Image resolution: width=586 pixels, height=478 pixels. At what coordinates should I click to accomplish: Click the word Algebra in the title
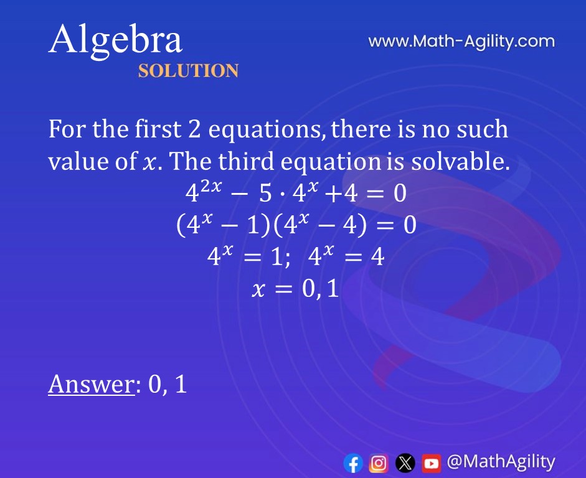pyautogui.click(x=115, y=40)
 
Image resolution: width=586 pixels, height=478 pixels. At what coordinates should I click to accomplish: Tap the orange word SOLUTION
pyautogui.click(x=188, y=71)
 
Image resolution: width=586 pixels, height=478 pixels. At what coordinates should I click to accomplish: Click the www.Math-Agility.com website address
pyautogui.click(x=461, y=42)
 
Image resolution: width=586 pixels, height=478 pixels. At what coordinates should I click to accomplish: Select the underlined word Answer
pyautogui.click(x=91, y=384)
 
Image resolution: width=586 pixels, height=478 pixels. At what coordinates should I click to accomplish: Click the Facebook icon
pyautogui.click(x=353, y=462)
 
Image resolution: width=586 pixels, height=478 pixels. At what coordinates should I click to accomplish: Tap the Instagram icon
pyautogui.click(x=379, y=462)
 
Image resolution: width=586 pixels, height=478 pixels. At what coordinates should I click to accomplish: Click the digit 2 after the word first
pyautogui.click(x=193, y=130)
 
